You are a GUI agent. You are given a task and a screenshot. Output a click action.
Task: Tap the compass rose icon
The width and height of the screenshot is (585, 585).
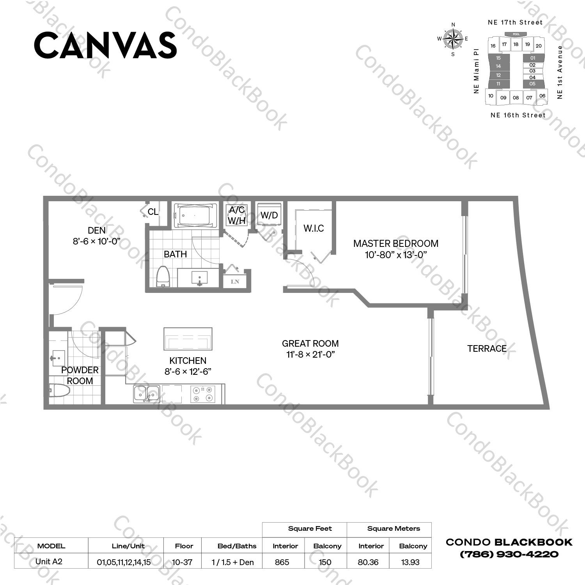(453, 39)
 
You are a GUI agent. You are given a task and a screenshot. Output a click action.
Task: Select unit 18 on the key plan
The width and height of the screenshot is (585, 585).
(516, 44)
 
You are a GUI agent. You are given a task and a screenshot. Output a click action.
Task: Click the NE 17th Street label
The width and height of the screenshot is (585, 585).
(515, 23)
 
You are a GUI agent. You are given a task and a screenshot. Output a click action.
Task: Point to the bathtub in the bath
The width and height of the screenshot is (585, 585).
(195, 215)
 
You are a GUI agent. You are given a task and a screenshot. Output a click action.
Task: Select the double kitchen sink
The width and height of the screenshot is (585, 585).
(146, 394)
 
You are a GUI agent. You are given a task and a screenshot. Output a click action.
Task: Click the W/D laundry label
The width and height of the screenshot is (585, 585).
(269, 215)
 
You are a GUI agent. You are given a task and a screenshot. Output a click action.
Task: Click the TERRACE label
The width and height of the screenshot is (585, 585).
(487, 349)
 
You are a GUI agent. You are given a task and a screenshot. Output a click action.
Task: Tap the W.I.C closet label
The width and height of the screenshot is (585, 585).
(314, 229)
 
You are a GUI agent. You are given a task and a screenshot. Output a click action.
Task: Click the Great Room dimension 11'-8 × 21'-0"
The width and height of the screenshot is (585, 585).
(310, 355)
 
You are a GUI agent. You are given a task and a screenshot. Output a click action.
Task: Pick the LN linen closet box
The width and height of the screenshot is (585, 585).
(235, 281)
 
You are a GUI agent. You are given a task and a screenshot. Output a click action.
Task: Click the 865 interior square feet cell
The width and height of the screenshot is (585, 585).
(282, 562)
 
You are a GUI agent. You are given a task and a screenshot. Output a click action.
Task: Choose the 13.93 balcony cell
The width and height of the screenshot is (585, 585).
(410, 562)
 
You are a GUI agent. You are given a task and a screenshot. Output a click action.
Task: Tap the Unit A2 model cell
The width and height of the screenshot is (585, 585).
(49, 562)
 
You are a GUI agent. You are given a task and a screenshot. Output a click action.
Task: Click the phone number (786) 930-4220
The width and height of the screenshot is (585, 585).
(509, 554)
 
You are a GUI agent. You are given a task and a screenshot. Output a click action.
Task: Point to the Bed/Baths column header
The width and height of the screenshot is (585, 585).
(237, 546)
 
